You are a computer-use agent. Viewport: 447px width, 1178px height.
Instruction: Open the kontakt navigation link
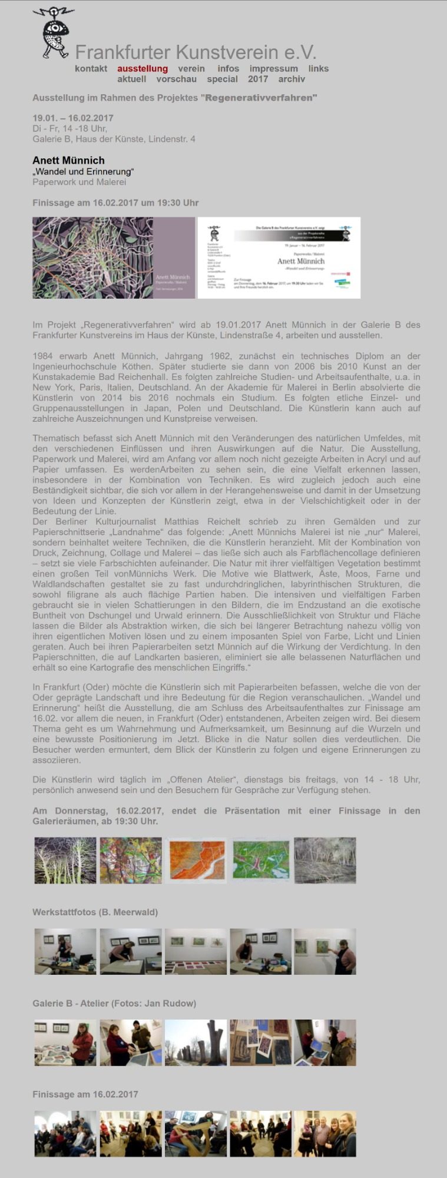tap(91, 68)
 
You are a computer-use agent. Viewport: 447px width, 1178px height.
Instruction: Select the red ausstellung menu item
tap(142, 68)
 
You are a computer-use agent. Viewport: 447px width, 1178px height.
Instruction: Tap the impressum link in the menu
tap(273, 68)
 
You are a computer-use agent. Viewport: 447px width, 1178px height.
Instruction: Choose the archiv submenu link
tap(292, 79)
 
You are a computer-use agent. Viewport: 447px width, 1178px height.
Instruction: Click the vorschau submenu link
tap(176, 79)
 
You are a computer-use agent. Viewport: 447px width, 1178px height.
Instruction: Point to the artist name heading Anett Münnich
tap(68, 160)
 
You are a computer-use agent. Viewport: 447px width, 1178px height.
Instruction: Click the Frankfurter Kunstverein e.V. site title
tap(196, 52)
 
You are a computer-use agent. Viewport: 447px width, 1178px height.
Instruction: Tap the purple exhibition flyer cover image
tap(114, 257)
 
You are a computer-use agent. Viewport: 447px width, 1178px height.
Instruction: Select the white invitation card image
tap(279, 257)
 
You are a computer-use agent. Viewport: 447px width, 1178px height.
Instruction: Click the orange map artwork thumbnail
tap(196, 860)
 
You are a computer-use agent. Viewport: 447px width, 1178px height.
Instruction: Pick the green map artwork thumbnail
tap(260, 860)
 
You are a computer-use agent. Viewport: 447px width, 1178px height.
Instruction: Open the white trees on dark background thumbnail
tap(65, 860)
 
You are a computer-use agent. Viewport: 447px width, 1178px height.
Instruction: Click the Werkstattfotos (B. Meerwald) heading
tap(95, 912)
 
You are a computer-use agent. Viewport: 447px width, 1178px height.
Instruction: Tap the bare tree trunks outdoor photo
tap(196, 1043)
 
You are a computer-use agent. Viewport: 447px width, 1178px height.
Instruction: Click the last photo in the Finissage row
tap(325, 1134)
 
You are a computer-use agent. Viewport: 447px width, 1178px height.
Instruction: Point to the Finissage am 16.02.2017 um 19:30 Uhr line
tap(115, 203)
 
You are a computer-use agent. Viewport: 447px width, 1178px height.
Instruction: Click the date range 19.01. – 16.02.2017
tap(73, 118)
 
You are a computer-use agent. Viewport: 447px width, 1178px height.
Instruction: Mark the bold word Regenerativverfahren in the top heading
tap(260, 98)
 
